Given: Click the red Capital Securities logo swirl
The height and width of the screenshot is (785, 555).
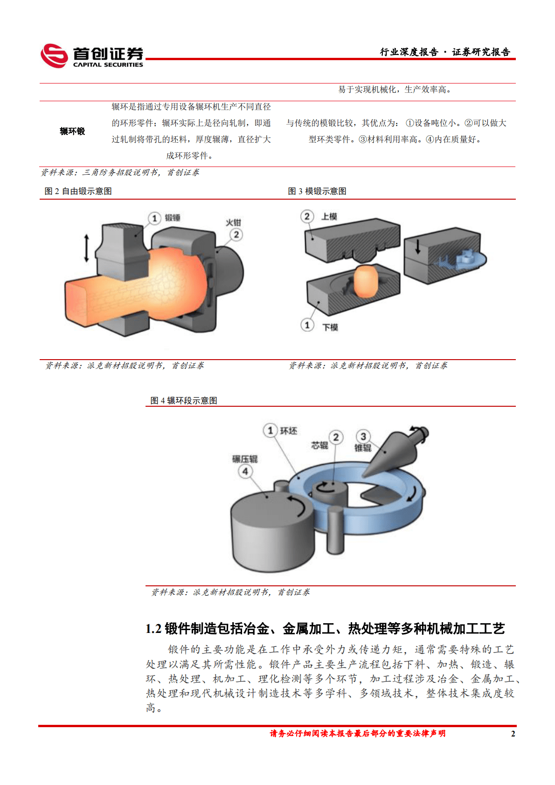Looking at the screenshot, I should pyautogui.click(x=54, y=56).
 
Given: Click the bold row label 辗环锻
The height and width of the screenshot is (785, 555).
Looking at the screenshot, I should pyautogui.click(x=72, y=132).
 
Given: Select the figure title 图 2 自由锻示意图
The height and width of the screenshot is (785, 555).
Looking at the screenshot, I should pyautogui.click(x=78, y=191).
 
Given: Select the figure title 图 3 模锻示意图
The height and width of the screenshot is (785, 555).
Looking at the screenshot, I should pyautogui.click(x=317, y=191).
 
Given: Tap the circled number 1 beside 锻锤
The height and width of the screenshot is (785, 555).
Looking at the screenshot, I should pyautogui.click(x=154, y=218).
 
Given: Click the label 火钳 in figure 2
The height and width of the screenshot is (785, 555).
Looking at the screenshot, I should pyautogui.click(x=233, y=222).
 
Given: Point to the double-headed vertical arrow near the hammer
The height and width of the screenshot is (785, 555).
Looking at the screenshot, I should pyautogui.click(x=86, y=248).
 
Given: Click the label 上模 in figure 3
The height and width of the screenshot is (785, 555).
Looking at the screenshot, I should pyautogui.click(x=329, y=216).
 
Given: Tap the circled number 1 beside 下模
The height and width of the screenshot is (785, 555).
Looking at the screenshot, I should pyautogui.click(x=307, y=325).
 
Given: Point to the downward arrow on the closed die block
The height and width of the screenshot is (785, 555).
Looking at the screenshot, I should pyautogui.click(x=417, y=246).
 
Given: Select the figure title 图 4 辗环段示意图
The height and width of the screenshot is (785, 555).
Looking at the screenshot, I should pyautogui.click(x=184, y=401).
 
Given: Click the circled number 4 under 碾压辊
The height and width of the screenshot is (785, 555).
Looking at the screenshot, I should pyautogui.click(x=245, y=471).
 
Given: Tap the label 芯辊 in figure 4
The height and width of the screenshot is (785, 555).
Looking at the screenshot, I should pyautogui.click(x=319, y=445).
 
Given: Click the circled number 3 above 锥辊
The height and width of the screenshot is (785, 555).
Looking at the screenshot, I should pyautogui.click(x=363, y=437).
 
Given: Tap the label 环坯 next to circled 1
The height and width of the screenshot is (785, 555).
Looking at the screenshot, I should pyautogui.click(x=288, y=431).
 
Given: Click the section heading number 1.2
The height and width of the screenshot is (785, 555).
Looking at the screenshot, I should pyautogui.click(x=153, y=629).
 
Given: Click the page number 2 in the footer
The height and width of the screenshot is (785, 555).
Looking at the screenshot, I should pyautogui.click(x=513, y=734).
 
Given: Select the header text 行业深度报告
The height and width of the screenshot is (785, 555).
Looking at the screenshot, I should pyautogui.click(x=409, y=52).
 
